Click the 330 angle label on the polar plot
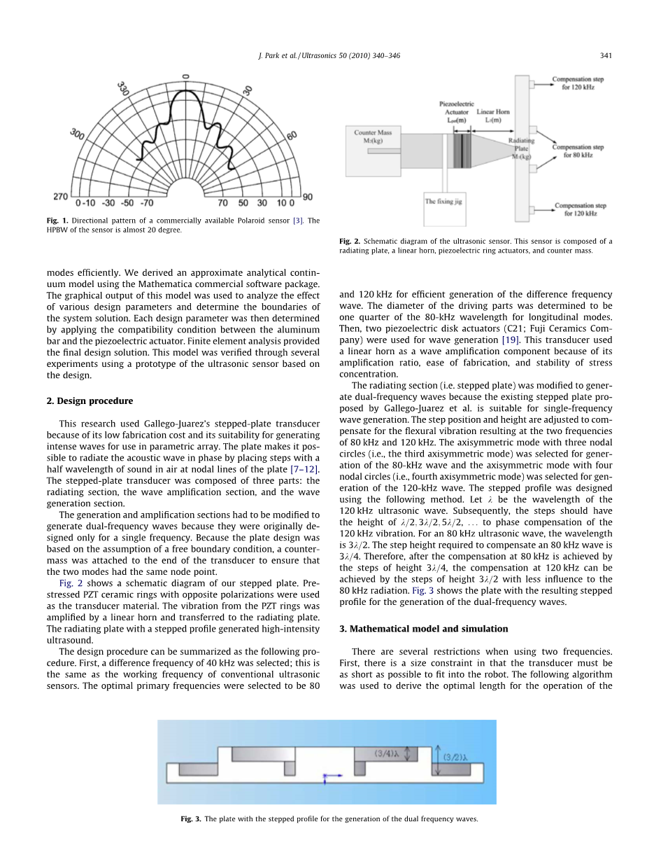click(x=123, y=89)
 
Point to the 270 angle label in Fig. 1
click(x=61, y=197)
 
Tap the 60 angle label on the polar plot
click(x=291, y=135)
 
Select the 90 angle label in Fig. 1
click(x=307, y=197)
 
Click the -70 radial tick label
click(x=146, y=203)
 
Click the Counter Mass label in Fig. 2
click(x=373, y=136)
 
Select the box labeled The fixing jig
click(x=443, y=202)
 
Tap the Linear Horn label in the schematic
click(x=493, y=116)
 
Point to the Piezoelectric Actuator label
click(x=457, y=111)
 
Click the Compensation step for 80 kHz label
click(x=578, y=151)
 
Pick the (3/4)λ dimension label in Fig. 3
click(x=387, y=754)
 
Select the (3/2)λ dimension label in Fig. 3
click(x=455, y=756)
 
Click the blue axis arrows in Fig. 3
click(x=330, y=776)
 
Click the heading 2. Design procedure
click(x=90, y=401)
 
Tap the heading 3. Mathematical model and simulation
click(x=424, y=629)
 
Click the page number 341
click(x=606, y=55)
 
